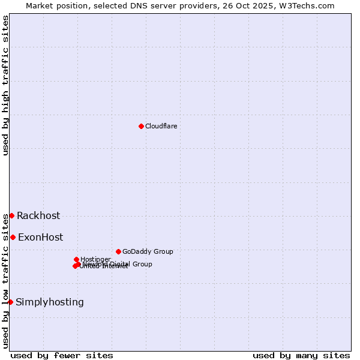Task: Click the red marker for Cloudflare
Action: point(141,126)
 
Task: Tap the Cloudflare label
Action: point(161,126)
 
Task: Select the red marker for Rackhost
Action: point(11,215)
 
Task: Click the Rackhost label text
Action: point(38,216)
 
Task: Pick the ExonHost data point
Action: point(13,237)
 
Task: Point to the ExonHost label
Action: point(40,238)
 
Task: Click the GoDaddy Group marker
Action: point(118,251)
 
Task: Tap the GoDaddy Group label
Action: point(148,252)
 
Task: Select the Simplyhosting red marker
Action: point(10,302)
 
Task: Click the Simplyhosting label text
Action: point(50,302)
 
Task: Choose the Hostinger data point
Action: point(76,259)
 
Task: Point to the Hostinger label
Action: point(95,259)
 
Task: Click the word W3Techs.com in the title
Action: point(305,5)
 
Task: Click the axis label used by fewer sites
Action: point(62,355)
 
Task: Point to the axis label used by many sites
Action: point(301,355)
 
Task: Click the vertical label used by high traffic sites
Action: point(5,85)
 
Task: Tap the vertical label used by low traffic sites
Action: point(5,280)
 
